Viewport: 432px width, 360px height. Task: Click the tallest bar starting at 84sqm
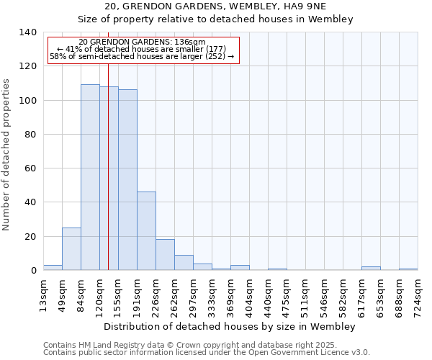pos(90,177)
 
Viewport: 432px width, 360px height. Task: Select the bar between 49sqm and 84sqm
pos(71,249)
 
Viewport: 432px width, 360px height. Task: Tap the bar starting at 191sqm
pos(146,231)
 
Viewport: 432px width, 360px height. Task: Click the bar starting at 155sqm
pos(127,180)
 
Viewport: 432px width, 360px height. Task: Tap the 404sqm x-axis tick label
pos(249,295)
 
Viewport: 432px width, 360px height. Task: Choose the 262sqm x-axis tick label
pos(174,295)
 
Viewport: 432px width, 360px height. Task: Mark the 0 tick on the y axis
pos(33,271)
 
